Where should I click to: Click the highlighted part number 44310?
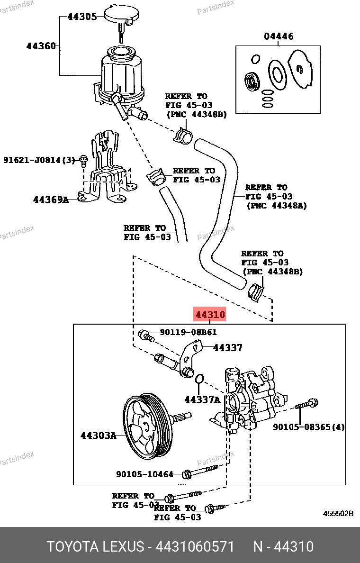pyautogui.click(x=209, y=314)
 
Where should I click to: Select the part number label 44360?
pyautogui.click(x=41, y=46)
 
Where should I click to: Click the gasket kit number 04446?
pyautogui.click(x=279, y=36)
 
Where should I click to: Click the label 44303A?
pyautogui.click(x=98, y=435)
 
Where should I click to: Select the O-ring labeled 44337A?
pyautogui.click(x=200, y=379)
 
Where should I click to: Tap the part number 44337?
pyautogui.click(x=227, y=348)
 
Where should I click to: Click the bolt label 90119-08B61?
pyautogui.click(x=188, y=333)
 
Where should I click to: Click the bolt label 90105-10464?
pyautogui.click(x=144, y=473)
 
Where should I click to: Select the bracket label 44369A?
pyautogui.click(x=51, y=200)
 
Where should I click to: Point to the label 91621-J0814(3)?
pyautogui.click(x=39, y=160)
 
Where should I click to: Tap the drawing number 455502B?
pyautogui.click(x=338, y=514)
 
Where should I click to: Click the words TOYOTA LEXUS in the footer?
pyautogui.click(x=95, y=546)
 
